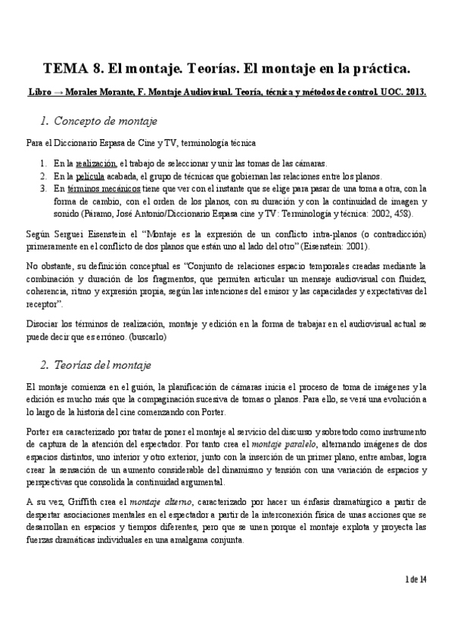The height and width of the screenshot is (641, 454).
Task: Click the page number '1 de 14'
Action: [x=416, y=600]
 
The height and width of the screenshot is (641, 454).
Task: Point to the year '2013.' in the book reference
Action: [x=415, y=93]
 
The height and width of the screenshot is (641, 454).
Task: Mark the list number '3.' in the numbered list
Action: [x=44, y=188]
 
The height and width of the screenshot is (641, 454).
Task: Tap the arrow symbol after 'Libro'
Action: [x=61, y=93]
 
